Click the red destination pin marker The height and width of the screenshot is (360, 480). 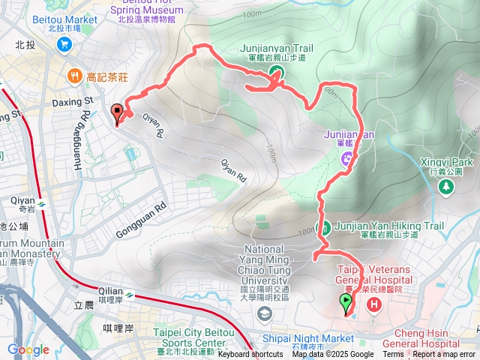[x=117, y=113]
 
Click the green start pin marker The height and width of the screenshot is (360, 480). [x=346, y=303]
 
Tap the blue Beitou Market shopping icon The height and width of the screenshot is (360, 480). [x=63, y=44]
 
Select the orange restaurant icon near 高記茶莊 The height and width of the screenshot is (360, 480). [x=74, y=76]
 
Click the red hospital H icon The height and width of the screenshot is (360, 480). [x=374, y=304]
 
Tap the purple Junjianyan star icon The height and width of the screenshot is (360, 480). [x=346, y=158]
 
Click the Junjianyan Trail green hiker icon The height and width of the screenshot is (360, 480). [x=277, y=73]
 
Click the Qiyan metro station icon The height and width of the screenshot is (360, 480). [x=44, y=202]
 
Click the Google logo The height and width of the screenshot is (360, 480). [x=28, y=350]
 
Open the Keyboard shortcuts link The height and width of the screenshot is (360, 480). [x=250, y=355]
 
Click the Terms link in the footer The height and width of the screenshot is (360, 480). [x=393, y=355]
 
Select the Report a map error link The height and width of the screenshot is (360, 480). [x=444, y=355]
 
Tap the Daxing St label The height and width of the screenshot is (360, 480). [x=72, y=100]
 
